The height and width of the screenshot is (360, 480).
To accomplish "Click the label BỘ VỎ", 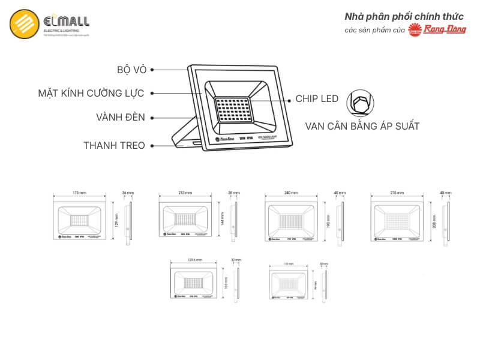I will pyautogui.click(x=132, y=70).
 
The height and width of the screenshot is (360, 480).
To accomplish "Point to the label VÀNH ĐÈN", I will pyautogui.click(x=120, y=118).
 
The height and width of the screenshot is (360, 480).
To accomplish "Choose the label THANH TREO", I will pyautogui.click(x=114, y=145).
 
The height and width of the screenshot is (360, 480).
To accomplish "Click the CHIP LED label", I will pyautogui.click(x=317, y=99).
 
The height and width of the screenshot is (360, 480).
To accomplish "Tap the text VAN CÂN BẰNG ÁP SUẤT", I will pyautogui.click(x=362, y=127).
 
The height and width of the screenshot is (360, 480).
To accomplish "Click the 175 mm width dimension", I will pyautogui.click(x=79, y=193).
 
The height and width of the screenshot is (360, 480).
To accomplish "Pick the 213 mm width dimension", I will pyautogui.click(x=185, y=193).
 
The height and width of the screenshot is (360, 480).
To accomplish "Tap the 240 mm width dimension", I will pyautogui.click(x=291, y=193).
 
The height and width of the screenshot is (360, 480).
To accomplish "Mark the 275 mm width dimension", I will pyautogui.click(x=397, y=193).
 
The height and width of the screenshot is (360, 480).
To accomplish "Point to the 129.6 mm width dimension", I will pyautogui.click(x=194, y=260).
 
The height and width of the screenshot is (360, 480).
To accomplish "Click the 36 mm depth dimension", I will pyautogui.click(x=127, y=193).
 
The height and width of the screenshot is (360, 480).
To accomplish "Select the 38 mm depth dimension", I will pyautogui.click(x=233, y=193).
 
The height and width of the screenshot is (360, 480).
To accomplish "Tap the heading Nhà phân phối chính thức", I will pyautogui.click(x=403, y=16).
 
